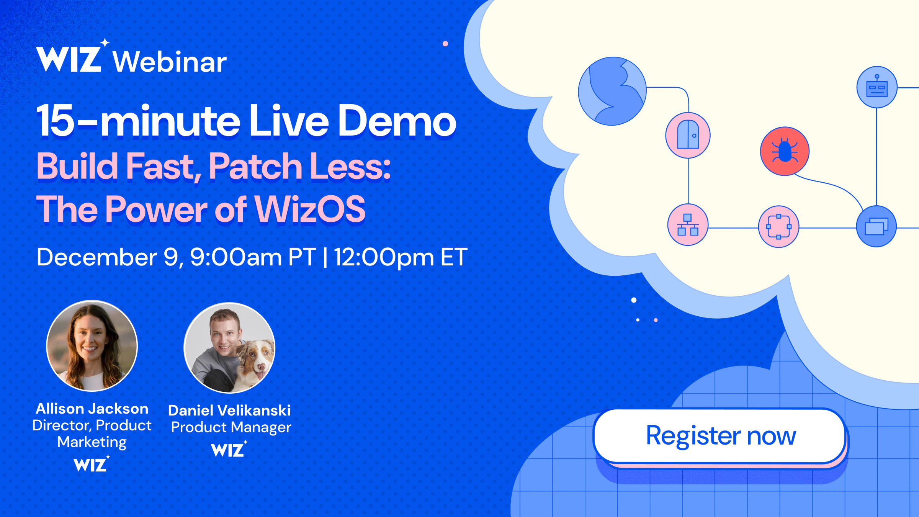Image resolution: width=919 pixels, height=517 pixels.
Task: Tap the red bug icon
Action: [785, 151]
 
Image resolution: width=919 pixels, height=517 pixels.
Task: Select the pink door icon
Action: [688, 135]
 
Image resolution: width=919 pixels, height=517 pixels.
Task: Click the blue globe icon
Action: [612, 91]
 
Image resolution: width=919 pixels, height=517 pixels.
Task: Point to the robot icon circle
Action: [877, 87]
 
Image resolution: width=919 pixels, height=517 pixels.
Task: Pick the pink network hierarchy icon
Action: [688, 225]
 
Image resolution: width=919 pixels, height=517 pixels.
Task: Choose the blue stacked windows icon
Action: [876, 226]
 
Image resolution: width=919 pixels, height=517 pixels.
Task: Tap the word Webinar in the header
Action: [170, 62]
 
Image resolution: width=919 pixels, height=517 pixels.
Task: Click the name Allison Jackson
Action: [92, 409]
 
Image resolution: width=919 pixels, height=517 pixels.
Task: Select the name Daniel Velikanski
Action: [229, 411]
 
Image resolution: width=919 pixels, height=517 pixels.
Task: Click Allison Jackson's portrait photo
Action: [92, 346]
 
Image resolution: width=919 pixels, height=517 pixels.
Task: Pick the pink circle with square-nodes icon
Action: [778, 227]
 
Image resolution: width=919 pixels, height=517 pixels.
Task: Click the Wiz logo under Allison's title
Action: [92, 464]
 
